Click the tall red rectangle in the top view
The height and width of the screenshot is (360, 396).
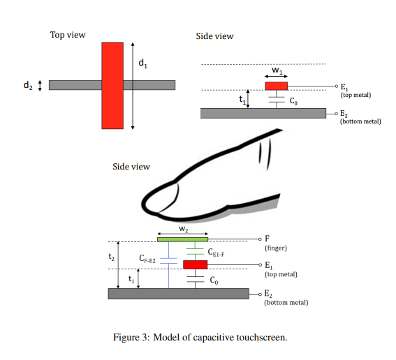coord(112,86)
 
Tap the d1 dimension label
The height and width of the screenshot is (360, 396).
coord(142,63)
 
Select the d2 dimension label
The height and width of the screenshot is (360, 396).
coord(27,86)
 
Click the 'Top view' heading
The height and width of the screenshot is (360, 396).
coord(68,35)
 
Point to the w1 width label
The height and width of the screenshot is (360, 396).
coord(277,70)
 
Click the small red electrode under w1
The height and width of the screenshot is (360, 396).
coord(277,86)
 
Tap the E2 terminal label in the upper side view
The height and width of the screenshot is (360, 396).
coord(344,114)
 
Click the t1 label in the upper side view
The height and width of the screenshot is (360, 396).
coord(242,100)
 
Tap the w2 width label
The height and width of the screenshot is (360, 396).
coord(182,229)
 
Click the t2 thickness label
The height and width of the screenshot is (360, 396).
coord(111,257)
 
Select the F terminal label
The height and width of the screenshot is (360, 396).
coord(267,239)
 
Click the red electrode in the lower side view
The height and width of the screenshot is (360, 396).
coord(196,264)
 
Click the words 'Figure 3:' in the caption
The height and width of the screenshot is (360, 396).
coord(131,338)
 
